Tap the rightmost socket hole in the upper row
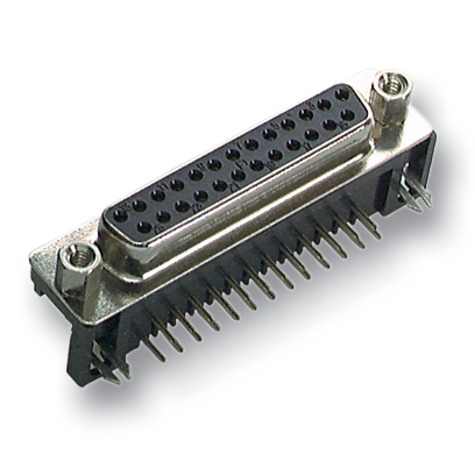pyautogui.click(x=341, y=95)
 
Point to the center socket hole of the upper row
pyautogui.click(x=232, y=154)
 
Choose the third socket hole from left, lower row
pyautogui.click(x=180, y=205)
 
